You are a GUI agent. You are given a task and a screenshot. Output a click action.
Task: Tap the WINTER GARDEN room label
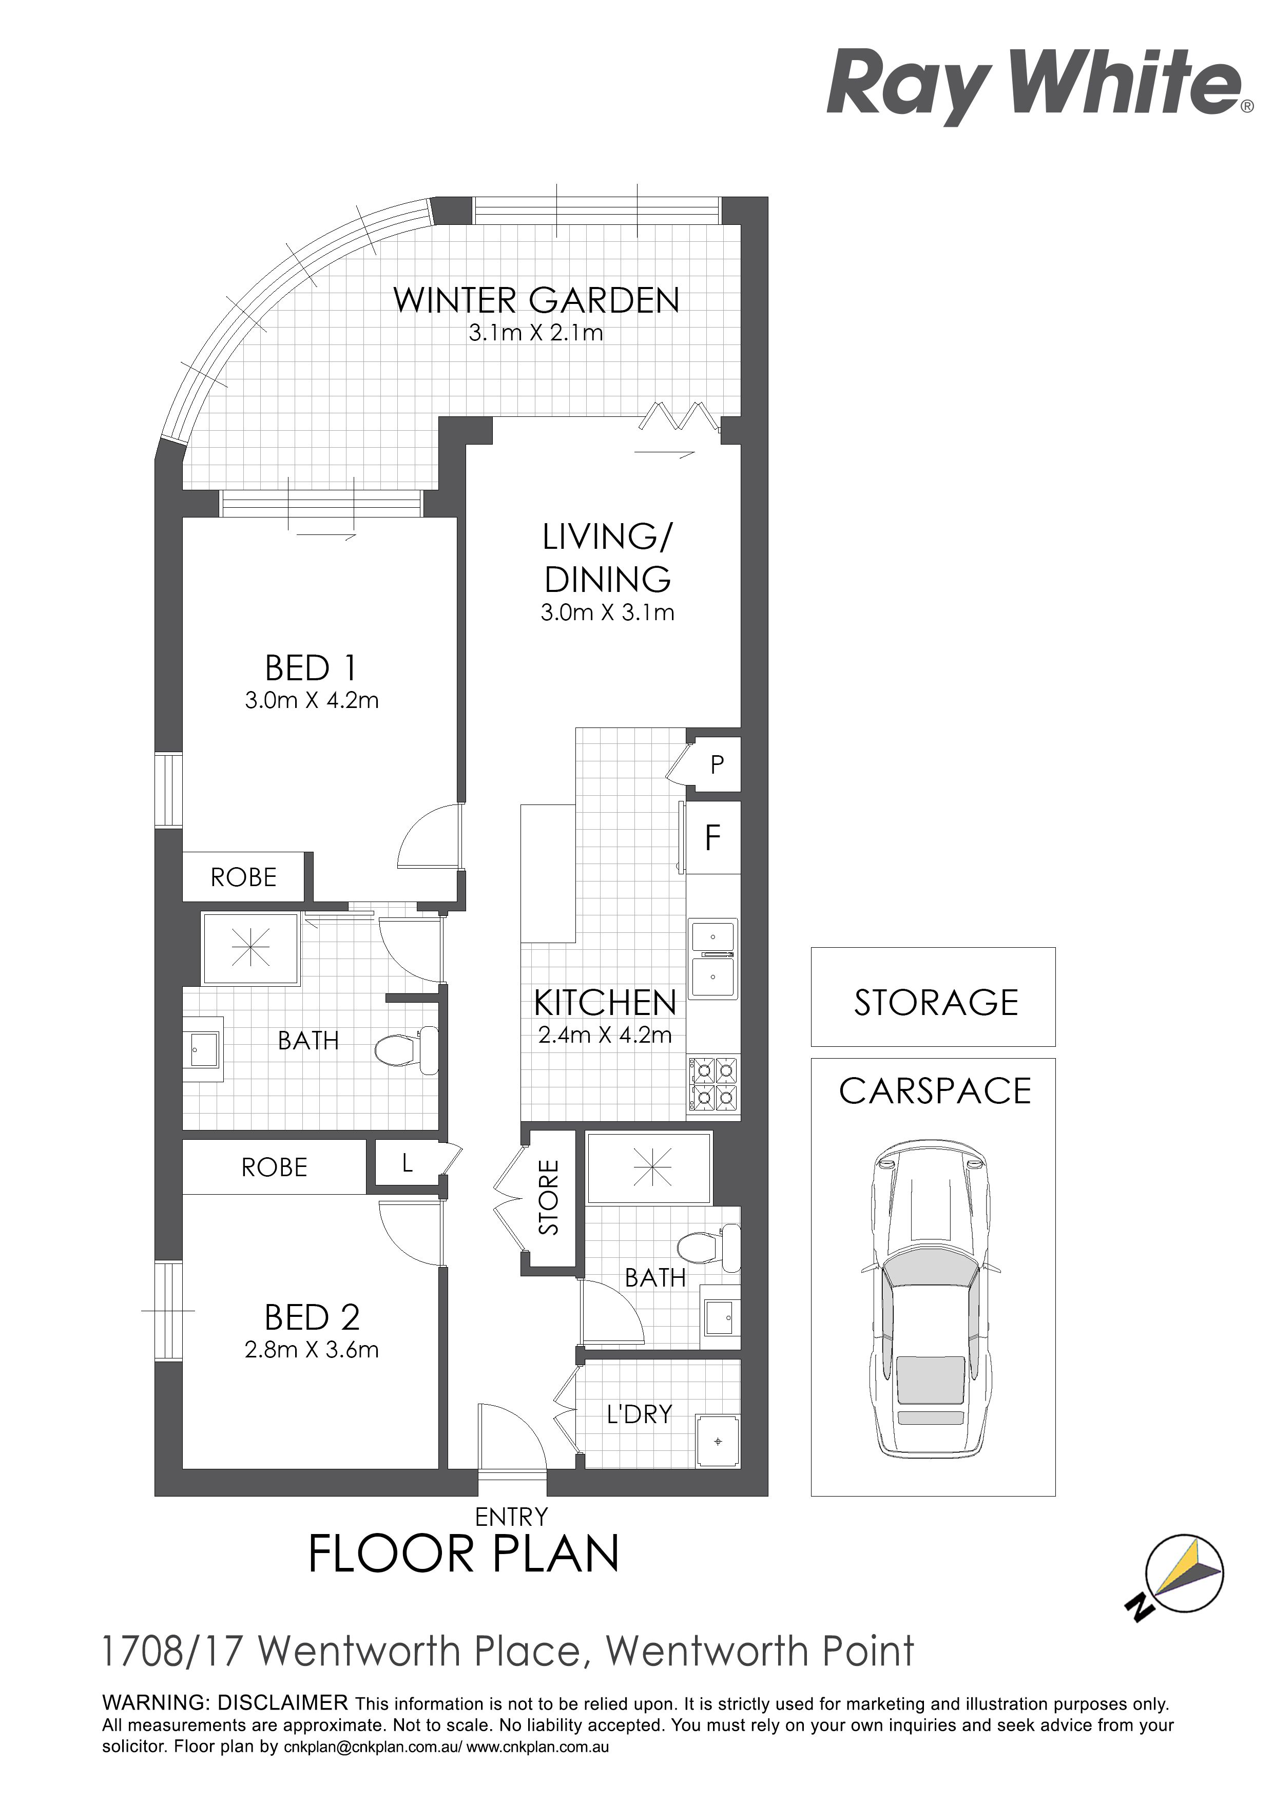tap(536, 300)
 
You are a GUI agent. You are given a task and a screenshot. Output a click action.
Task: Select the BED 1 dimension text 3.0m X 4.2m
tap(312, 700)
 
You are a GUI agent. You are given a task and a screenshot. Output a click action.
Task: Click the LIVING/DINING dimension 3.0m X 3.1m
tap(608, 612)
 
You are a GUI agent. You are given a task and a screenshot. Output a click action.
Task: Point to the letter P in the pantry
tap(717, 765)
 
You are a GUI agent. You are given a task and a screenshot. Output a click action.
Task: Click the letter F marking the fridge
tap(712, 838)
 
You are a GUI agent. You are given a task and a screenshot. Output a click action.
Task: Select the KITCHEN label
tap(605, 1003)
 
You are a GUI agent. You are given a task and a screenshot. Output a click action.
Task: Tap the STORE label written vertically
tap(549, 1197)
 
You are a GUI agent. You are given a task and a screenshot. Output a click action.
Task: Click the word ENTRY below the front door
tap(511, 1517)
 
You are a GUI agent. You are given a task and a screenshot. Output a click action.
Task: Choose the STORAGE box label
tap(936, 1003)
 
